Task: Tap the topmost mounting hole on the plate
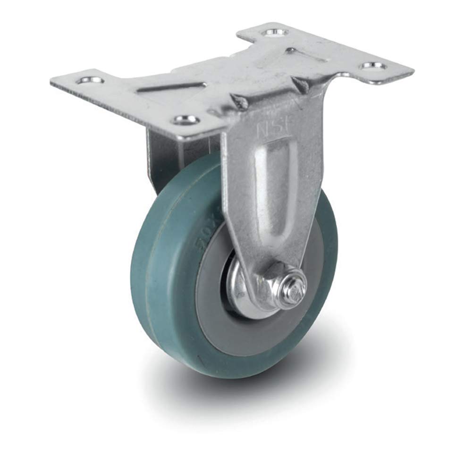tap(272, 33)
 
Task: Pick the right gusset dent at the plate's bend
tap(299, 85)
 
